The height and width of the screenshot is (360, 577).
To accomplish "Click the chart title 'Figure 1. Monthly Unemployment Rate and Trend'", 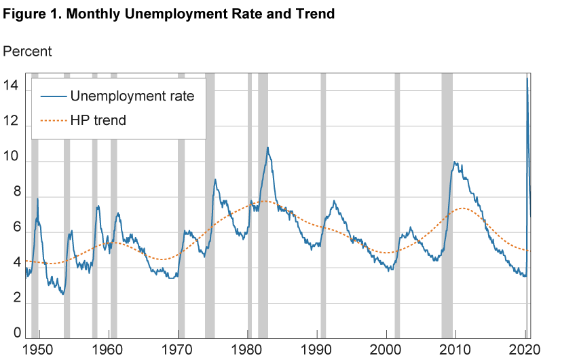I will point(169,14).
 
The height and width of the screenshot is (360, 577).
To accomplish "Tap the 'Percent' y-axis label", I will point(28,52).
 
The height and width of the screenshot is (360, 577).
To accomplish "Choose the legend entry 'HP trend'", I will point(98,120).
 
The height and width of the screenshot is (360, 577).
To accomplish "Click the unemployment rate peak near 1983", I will point(267,147).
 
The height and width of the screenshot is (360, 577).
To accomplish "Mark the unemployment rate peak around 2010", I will point(454,162).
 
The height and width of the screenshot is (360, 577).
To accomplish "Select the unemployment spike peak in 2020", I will point(527,79).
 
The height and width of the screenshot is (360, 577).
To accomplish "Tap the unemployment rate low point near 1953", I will point(62,293).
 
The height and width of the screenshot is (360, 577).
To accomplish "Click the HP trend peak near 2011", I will point(464,208).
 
